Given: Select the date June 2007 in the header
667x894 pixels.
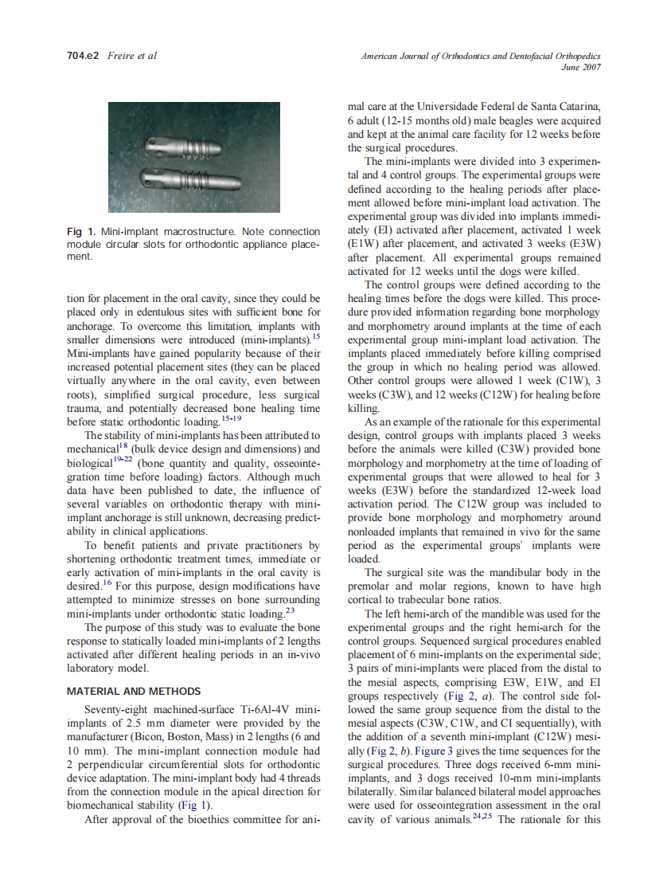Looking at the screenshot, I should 580,67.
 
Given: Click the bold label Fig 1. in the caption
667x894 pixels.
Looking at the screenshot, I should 82,232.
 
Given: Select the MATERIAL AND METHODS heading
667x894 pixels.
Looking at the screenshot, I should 134,691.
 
